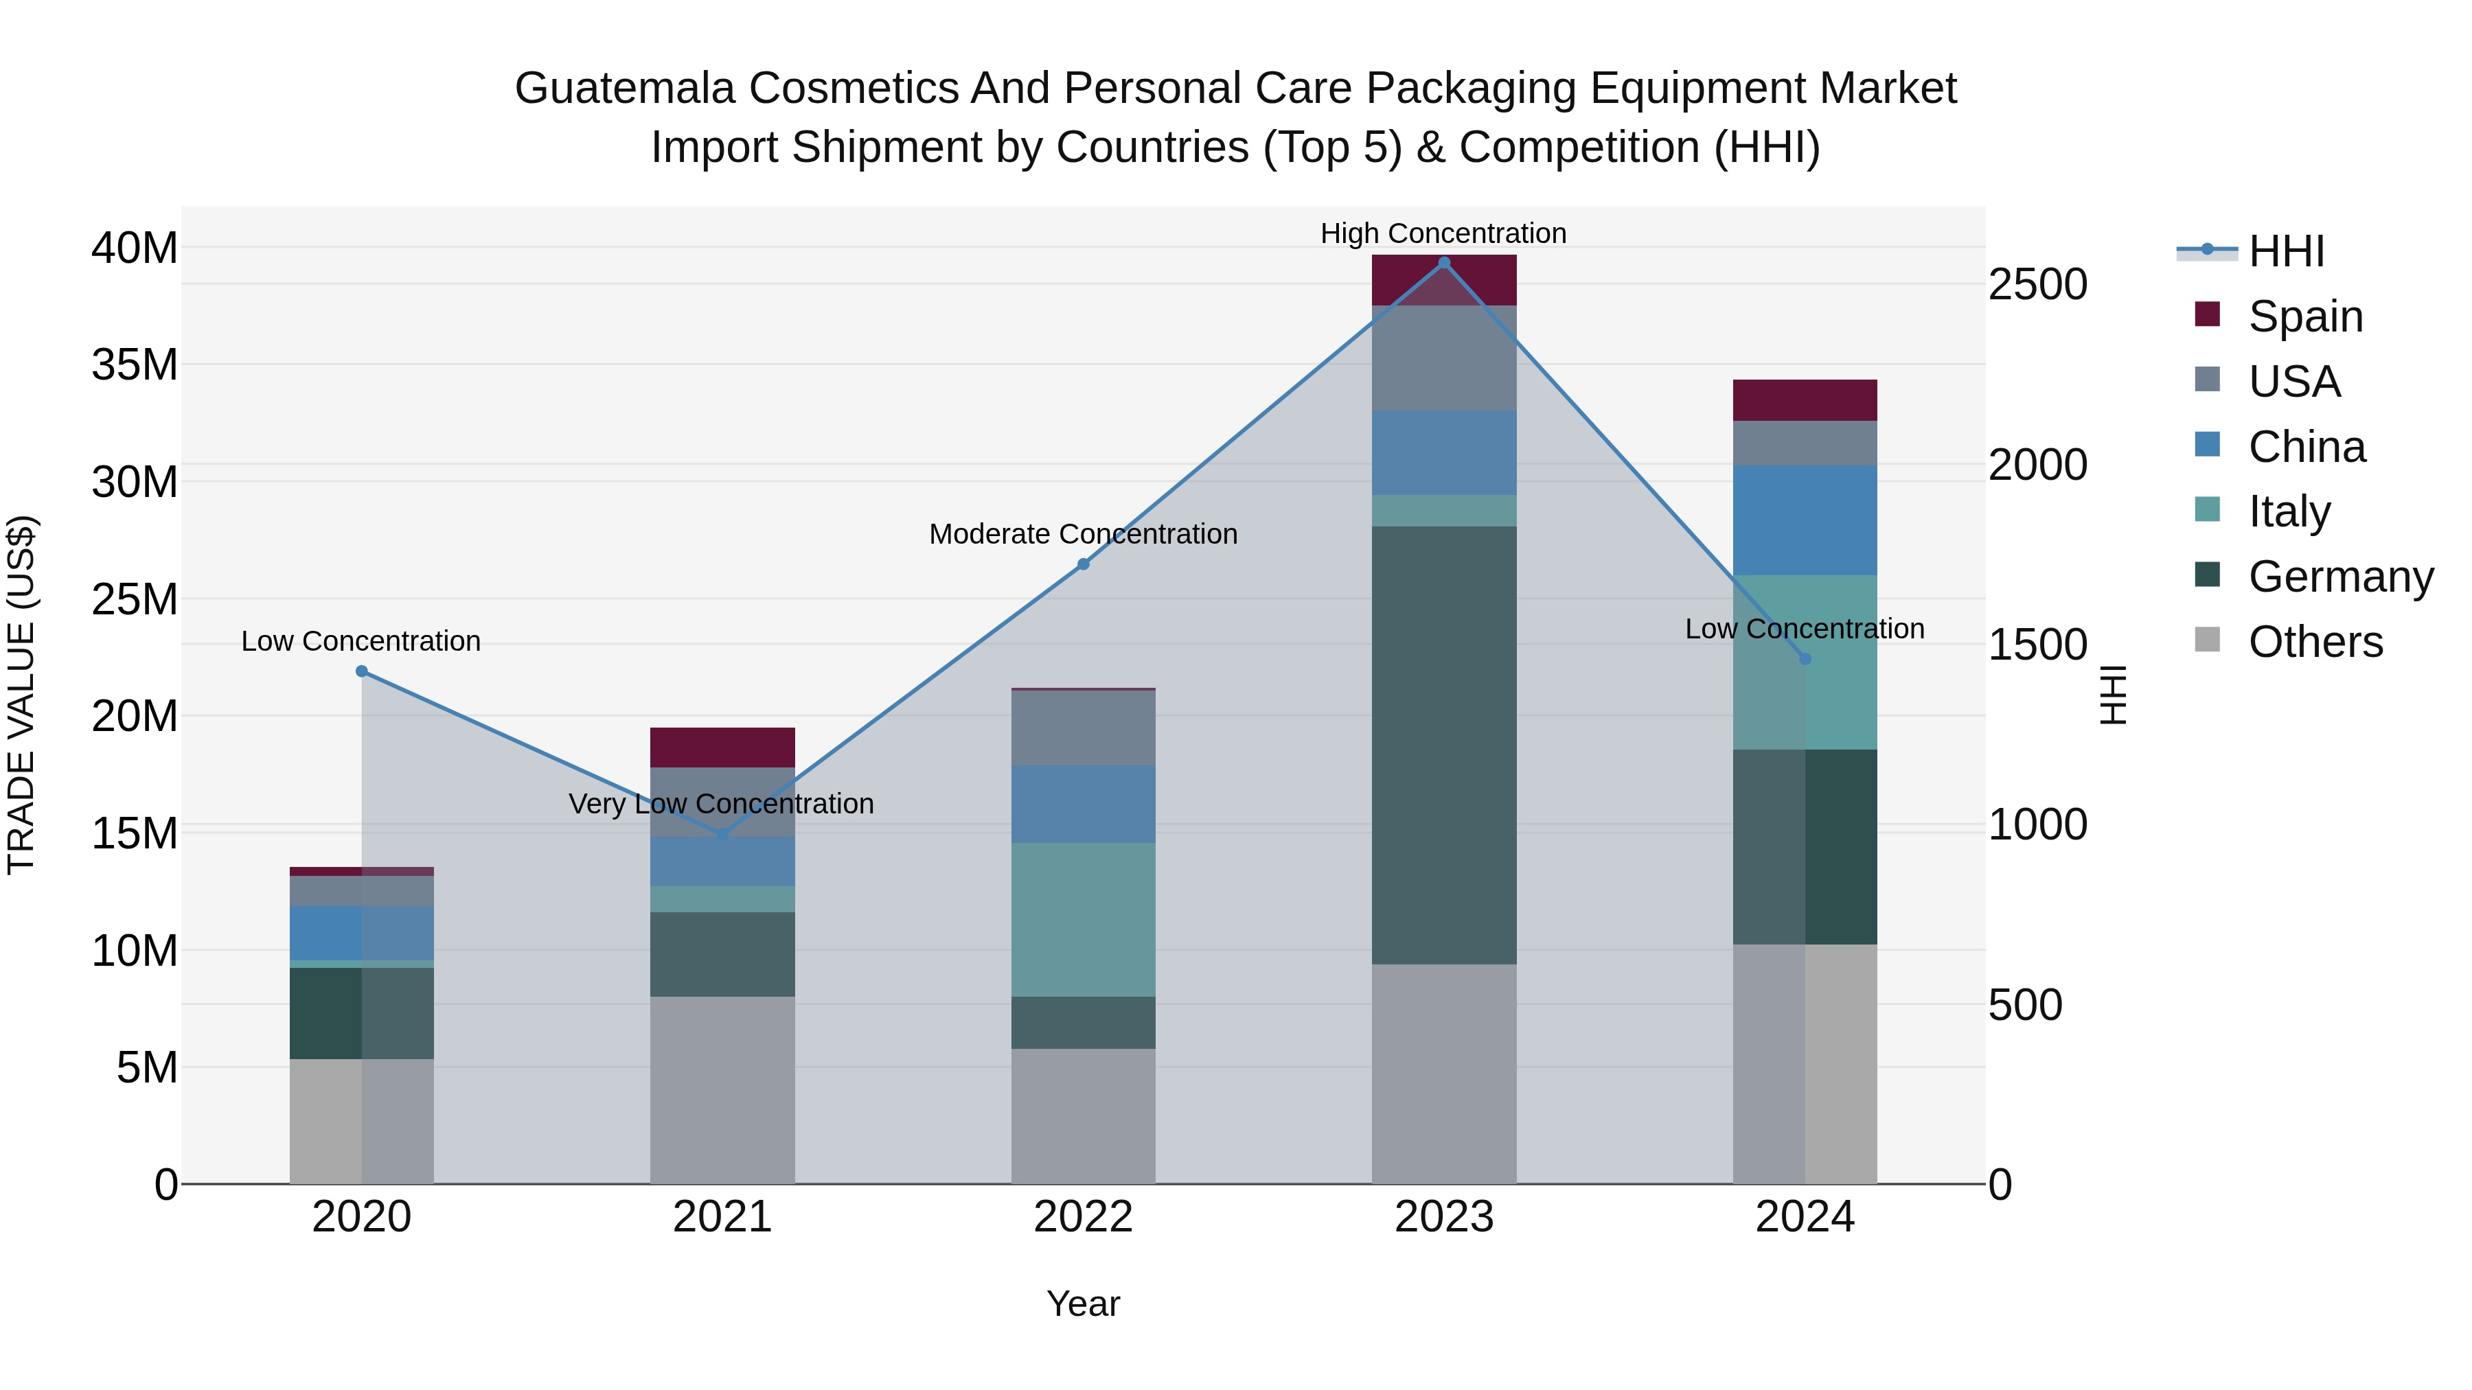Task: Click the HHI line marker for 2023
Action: pyautogui.click(x=1443, y=263)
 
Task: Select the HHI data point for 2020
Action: pyautogui.click(x=362, y=671)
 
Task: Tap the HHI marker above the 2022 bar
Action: pyautogui.click(x=1084, y=564)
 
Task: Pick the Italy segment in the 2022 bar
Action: pyautogui.click(x=1084, y=919)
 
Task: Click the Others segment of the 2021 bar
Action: pyautogui.click(x=722, y=1090)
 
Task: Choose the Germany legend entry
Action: pyautogui.click(x=2339, y=577)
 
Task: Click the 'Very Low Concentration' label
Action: pyautogui.click(x=721, y=804)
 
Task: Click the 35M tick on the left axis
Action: pyautogui.click(x=135, y=364)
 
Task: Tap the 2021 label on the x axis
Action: pyautogui.click(x=722, y=1217)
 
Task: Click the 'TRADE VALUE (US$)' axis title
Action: pyautogui.click(x=22, y=695)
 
